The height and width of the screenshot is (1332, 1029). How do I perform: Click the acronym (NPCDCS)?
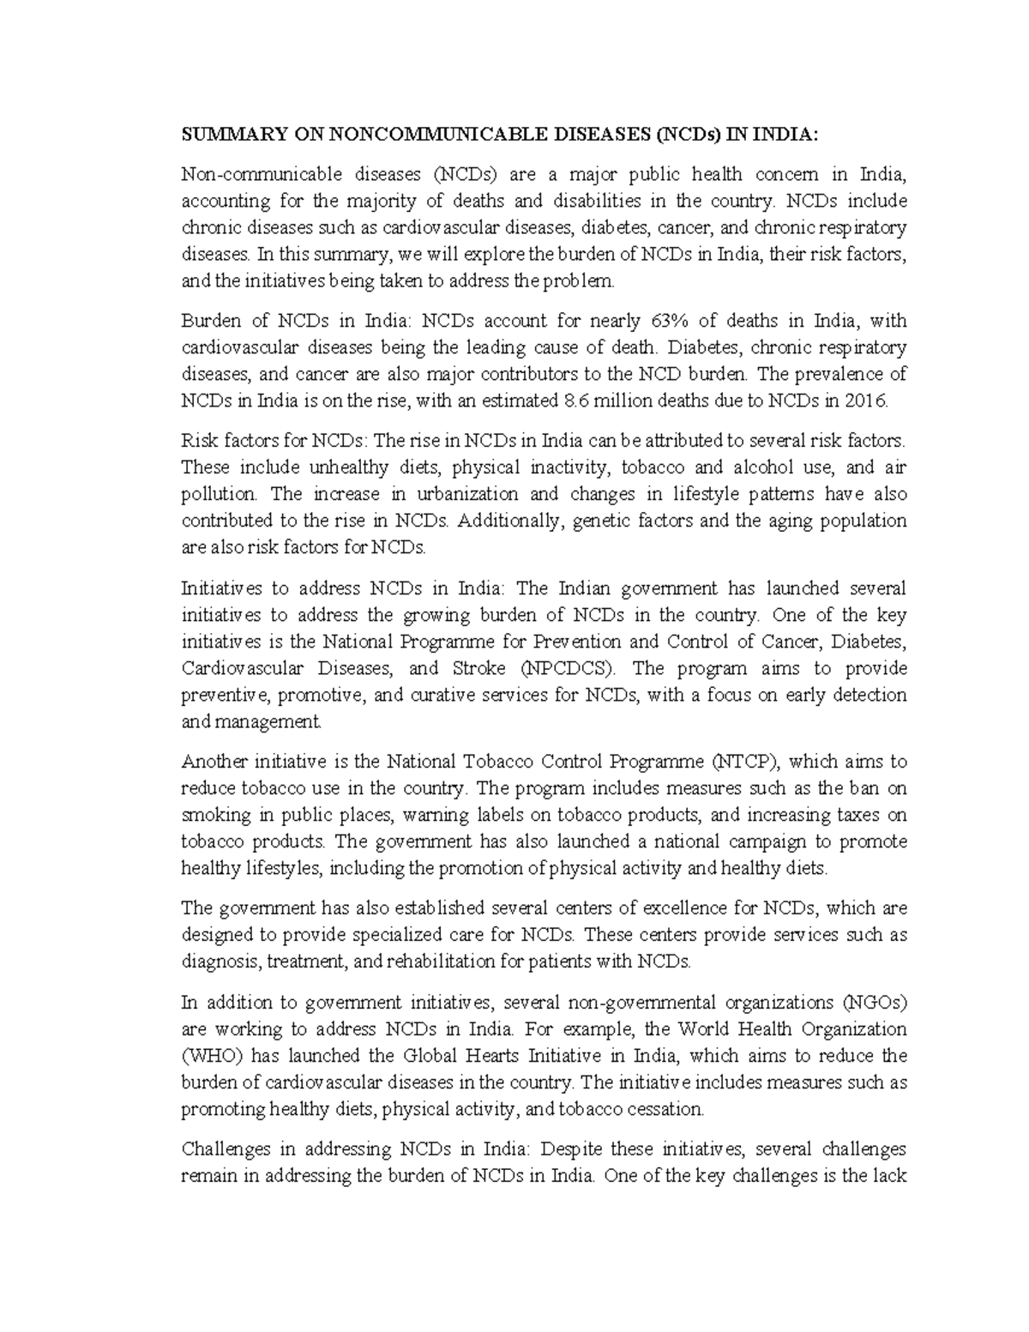pyautogui.click(x=562, y=668)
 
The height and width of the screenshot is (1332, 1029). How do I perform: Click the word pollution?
pyautogui.click(x=220, y=494)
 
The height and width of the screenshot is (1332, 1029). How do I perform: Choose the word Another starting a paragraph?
pyautogui.click(x=212, y=762)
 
